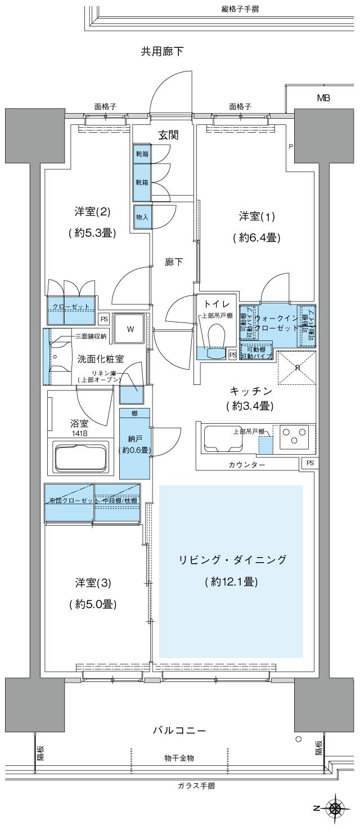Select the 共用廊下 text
163,52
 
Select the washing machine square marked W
130,329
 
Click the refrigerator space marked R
298,367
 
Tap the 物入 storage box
142,216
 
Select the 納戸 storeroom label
134,438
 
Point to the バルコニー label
179,731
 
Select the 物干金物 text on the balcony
179,758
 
